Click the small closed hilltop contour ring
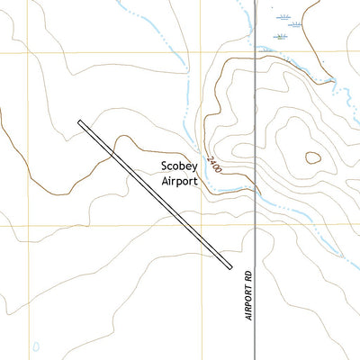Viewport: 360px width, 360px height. click(x=312, y=157)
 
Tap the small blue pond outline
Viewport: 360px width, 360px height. click(x=35, y=346)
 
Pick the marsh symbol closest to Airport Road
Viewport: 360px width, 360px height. click(x=280, y=36)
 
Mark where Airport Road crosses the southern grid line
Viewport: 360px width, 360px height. click(x=256, y=225)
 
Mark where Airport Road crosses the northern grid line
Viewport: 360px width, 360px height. click(x=256, y=51)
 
